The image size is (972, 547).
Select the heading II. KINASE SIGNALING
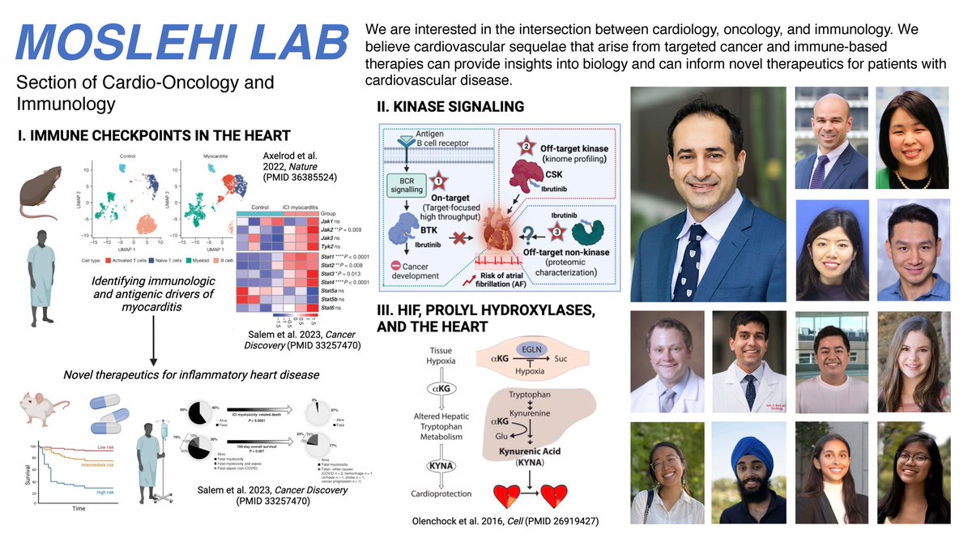coord(450,107)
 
